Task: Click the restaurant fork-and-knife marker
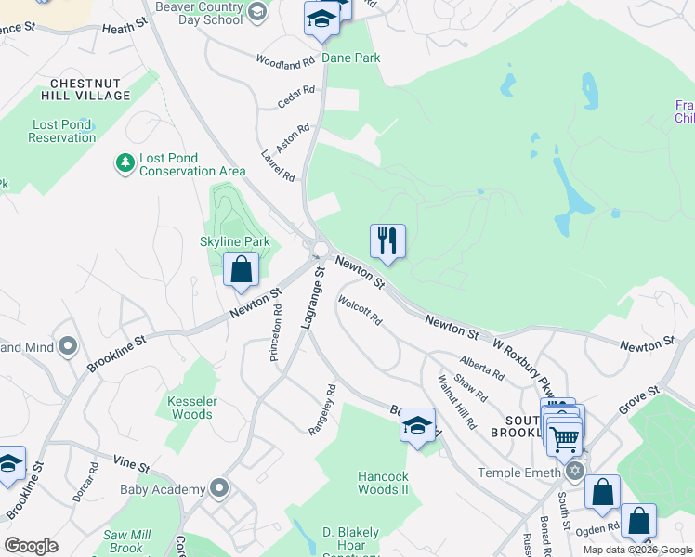click(387, 241)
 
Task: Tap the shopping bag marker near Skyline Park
click(241, 270)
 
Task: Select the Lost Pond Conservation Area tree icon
click(125, 163)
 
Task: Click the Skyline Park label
click(235, 242)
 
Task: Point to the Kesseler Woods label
click(191, 408)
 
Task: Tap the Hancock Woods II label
click(383, 483)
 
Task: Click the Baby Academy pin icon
click(219, 488)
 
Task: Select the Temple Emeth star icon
click(575, 472)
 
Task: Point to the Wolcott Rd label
click(360, 311)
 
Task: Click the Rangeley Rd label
click(321, 409)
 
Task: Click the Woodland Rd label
click(286, 64)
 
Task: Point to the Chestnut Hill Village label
click(85, 89)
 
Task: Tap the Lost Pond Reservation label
click(62, 131)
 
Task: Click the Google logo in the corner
click(32, 545)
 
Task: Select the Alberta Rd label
click(481, 369)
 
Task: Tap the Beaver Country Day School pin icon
click(258, 12)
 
